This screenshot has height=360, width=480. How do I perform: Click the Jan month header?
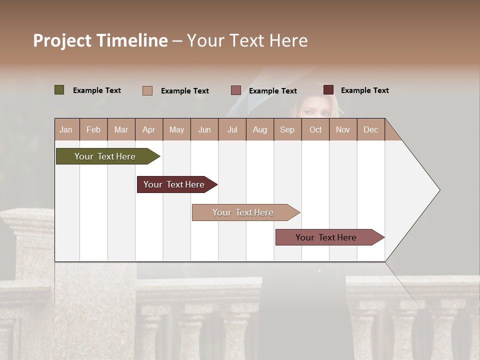click(66, 130)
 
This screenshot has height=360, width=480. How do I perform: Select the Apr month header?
click(149, 130)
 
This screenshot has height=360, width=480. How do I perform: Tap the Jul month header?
click(232, 130)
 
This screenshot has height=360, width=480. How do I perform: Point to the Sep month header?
click(287, 130)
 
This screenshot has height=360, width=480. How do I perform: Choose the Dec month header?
click(370, 130)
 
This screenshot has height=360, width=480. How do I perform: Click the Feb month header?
click(93, 130)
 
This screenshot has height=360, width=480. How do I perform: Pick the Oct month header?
click(315, 130)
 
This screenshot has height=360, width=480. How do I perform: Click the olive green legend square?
click(59, 90)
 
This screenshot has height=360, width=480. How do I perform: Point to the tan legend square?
click(147, 90)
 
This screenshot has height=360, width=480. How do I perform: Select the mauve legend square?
click(236, 90)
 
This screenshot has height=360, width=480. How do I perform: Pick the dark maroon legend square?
click(328, 90)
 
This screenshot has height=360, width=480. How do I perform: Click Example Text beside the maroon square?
click(364, 90)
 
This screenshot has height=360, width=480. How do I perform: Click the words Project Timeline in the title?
click(100, 40)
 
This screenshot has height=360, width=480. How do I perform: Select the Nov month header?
click(343, 130)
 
